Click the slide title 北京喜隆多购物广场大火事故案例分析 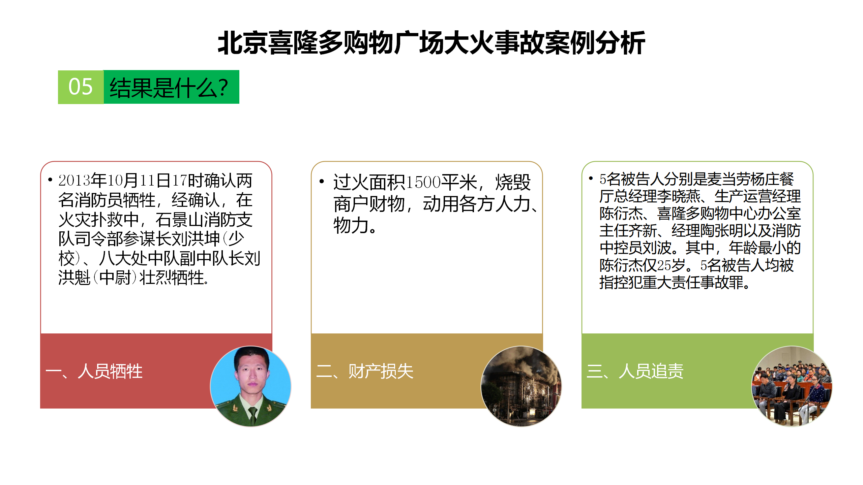[x=431, y=43]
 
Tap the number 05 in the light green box [x=80, y=87]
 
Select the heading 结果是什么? [x=169, y=87]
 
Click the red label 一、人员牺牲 [x=94, y=371]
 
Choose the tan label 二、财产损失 [x=365, y=371]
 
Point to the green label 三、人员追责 [x=635, y=371]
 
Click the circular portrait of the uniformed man [x=250, y=386]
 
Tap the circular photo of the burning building [x=521, y=386]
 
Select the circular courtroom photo [x=792, y=386]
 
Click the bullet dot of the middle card [x=322, y=182]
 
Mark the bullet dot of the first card [x=50, y=180]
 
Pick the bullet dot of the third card [x=591, y=178]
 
